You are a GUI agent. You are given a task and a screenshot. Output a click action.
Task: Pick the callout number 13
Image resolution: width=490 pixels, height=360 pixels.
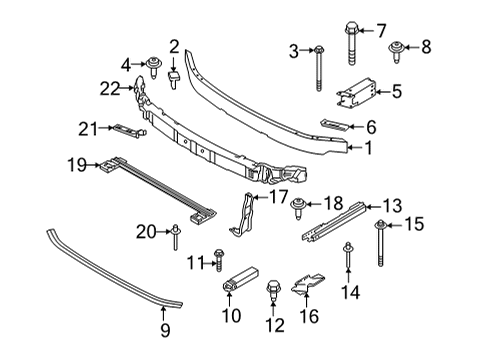coord(393,206)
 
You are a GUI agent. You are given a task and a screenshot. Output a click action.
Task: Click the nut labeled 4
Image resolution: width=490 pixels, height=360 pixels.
coord(156,67)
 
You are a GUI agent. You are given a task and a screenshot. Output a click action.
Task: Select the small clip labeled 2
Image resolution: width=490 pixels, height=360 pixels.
coord(174,77)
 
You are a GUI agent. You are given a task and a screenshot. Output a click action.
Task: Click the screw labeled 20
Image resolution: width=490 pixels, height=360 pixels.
coord(174,236)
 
